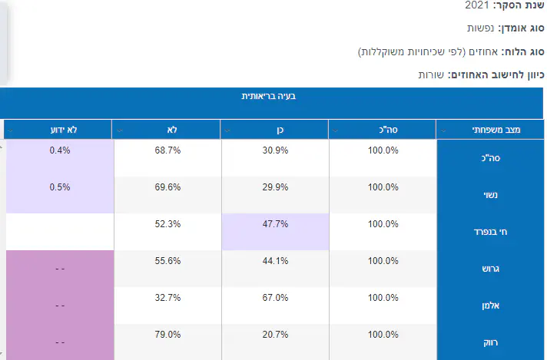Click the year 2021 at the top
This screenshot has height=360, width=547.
[477, 5]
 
